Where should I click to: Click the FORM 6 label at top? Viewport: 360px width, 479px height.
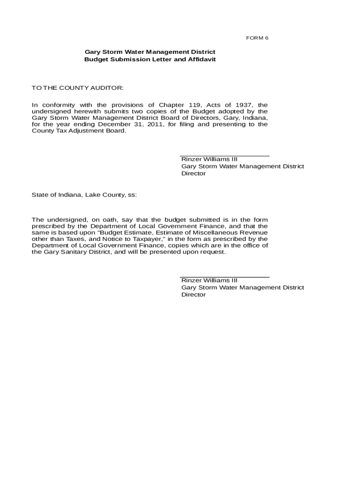[x=257, y=38]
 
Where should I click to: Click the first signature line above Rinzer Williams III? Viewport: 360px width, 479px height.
[x=224, y=156]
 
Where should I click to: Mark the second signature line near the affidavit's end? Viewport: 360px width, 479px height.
[x=224, y=277]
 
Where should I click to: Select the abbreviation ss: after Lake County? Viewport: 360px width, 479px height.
[x=132, y=195]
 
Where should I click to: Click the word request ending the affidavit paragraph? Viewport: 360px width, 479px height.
[x=214, y=252]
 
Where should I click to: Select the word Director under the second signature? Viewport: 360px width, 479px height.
[x=194, y=295]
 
